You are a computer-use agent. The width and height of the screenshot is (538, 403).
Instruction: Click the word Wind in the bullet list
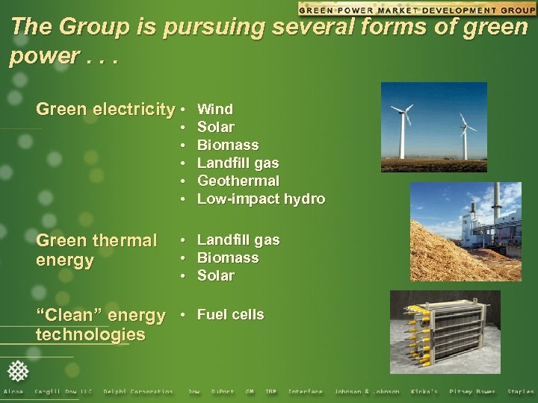214,110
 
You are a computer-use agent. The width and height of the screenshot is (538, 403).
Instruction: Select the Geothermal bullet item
238,181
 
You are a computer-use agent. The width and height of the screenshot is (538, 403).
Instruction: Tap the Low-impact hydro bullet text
260,199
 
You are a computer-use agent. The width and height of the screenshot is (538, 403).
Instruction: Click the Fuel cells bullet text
230,314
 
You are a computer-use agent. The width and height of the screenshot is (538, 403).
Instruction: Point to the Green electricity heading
105,110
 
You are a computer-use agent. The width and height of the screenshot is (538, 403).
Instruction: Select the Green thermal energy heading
96,250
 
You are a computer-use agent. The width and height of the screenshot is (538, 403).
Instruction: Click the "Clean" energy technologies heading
100,325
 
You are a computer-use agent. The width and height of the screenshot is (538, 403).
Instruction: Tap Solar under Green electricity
215,128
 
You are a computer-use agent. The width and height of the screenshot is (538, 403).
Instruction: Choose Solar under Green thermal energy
215,275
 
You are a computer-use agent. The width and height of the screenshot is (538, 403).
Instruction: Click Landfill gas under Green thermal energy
238,240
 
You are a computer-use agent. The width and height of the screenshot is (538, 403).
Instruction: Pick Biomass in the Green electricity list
227,145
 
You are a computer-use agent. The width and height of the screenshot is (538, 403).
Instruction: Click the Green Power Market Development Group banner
416,8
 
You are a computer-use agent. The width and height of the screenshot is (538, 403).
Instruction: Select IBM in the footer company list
270,392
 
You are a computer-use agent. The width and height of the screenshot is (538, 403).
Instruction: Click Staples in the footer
520,392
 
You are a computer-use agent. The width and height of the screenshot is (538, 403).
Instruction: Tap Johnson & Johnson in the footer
366,392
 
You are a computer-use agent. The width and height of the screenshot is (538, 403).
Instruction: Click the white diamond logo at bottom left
18,371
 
